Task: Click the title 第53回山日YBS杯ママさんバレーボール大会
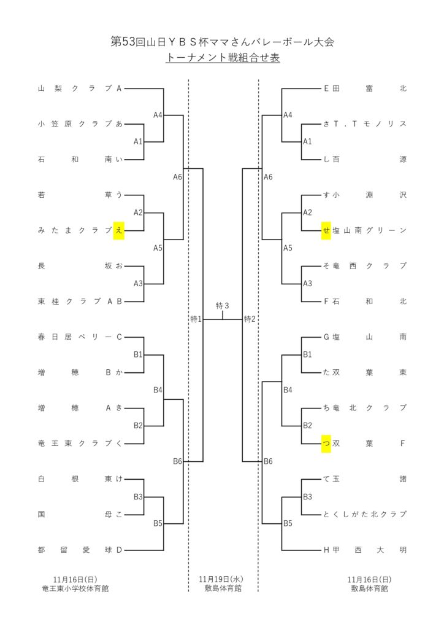(222, 42)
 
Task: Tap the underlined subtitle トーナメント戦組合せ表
(222, 58)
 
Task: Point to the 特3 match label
(223, 306)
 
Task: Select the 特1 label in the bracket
(196, 319)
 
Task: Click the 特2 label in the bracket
(250, 319)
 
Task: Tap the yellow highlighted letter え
(119, 230)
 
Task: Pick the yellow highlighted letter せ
(326, 230)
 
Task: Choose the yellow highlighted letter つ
(326, 443)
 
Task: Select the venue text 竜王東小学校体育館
(75, 588)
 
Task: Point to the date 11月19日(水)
(222, 579)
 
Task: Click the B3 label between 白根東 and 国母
(138, 496)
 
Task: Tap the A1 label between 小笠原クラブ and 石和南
(138, 141)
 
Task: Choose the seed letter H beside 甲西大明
(327, 550)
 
